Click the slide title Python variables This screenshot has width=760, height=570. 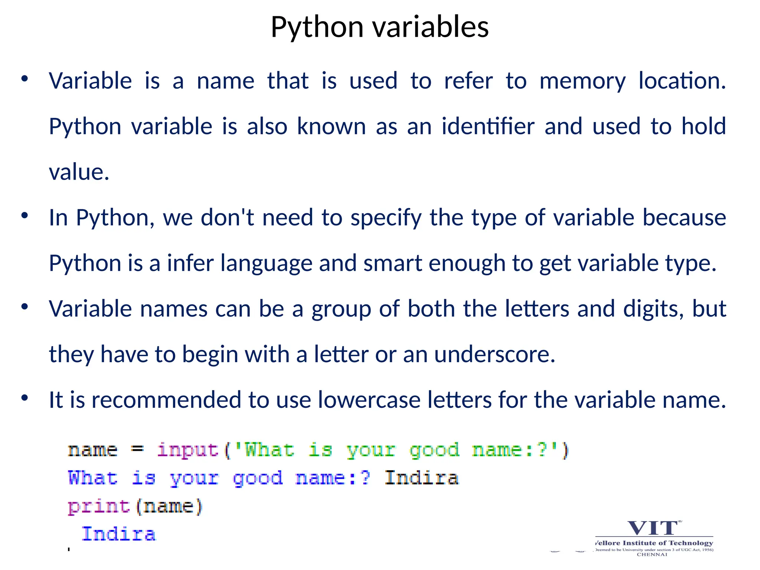coord(380,27)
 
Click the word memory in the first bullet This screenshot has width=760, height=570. coord(582,81)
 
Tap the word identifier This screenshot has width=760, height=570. coord(488,127)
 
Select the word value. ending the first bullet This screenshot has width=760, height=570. coord(79,172)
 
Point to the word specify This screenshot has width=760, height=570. coord(386,218)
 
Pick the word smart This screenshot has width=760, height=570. coord(393,263)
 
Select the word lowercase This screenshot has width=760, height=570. coord(369,400)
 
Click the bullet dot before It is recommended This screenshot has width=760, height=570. coord(24,398)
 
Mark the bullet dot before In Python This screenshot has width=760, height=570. coord(24,216)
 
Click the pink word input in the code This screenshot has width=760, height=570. coord(188,451)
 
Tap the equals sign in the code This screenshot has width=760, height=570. coord(137,449)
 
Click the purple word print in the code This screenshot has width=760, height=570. coord(99,507)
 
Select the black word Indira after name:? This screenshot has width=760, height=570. coord(421,478)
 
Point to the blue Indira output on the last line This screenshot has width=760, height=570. coord(119,535)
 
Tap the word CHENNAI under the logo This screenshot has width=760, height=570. coord(652,554)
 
